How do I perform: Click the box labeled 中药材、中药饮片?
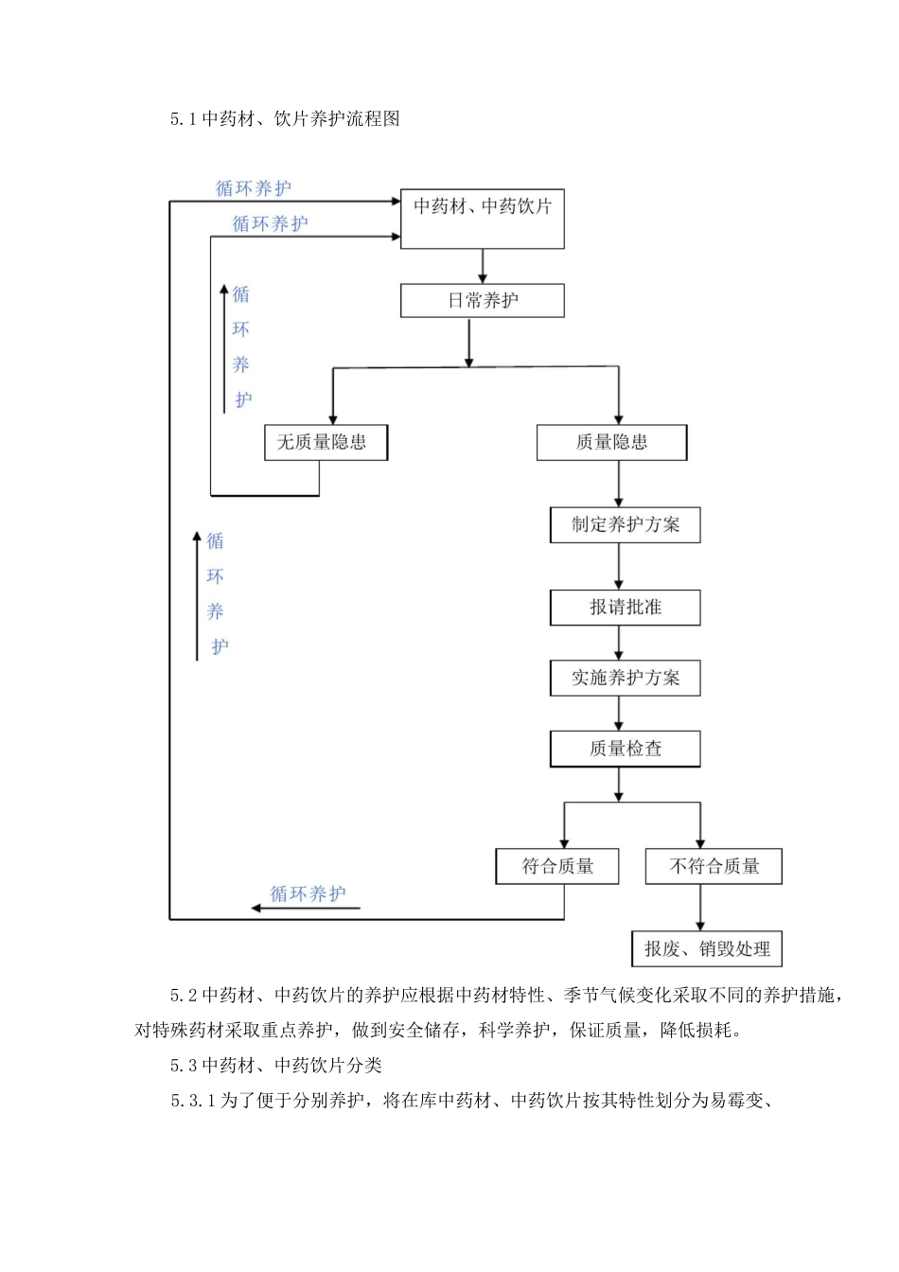tap(482, 219)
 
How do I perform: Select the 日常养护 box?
tap(482, 301)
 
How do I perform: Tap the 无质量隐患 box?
tap(325, 442)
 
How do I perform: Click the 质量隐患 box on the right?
tap(611, 442)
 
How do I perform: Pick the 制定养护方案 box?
tap(625, 525)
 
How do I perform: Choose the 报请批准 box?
tap(625, 608)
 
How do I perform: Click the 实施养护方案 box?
tap(625, 679)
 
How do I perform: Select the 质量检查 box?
tap(625, 749)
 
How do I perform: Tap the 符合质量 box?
tap(557, 866)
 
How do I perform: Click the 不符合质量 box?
tap(714, 866)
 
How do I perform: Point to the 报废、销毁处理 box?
tap(707, 948)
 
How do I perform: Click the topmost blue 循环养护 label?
tap(254, 188)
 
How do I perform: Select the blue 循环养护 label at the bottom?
tap(308, 893)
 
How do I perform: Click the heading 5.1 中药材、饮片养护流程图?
tap(285, 118)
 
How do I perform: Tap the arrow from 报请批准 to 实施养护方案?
tap(619, 643)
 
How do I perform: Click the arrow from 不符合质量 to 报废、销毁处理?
tap(700, 908)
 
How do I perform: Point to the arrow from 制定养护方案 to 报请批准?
tap(619, 566)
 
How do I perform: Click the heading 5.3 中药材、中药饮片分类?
tap(275, 1066)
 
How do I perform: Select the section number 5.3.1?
tap(194, 1101)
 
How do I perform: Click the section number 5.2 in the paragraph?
tap(184, 995)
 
